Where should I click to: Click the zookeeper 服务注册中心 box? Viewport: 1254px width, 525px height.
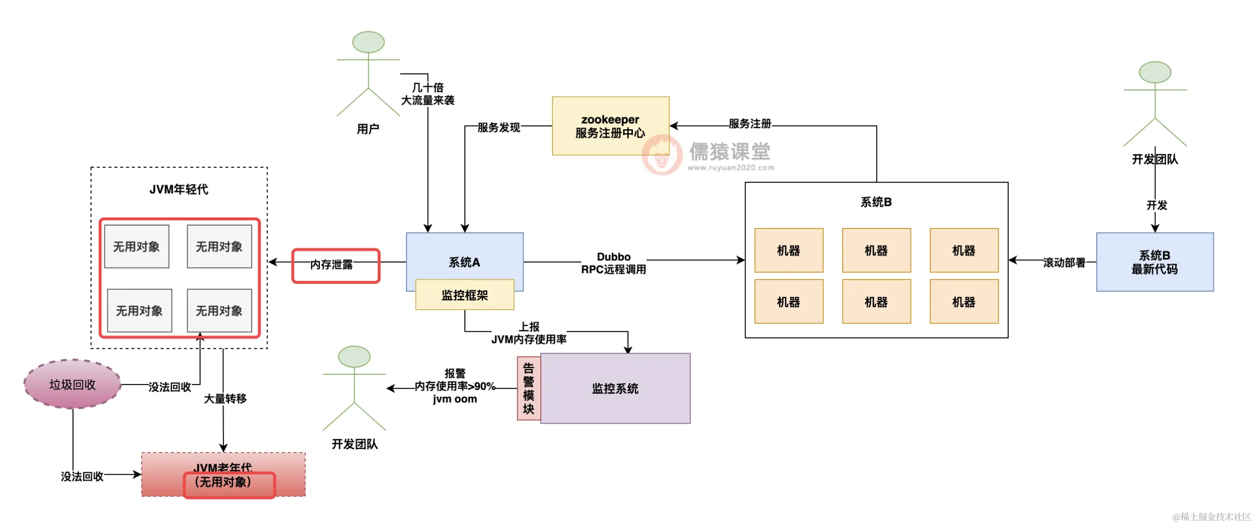click(610, 126)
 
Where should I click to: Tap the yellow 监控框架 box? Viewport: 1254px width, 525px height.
click(464, 295)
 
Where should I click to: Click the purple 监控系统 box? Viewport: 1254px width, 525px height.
click(615, 388)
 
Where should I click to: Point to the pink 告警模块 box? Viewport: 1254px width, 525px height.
click(528, 388)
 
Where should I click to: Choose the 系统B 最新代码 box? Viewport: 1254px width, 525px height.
click(1154, 262)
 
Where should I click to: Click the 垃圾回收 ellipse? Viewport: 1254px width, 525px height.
click(72, 385)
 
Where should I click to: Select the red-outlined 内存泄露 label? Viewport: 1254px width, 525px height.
click(336, 265)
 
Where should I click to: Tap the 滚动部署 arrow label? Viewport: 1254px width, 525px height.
click(1064, 263)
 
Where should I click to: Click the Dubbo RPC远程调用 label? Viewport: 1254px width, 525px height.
click(613, 263)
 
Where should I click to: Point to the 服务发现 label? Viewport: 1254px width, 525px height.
click(499, 127)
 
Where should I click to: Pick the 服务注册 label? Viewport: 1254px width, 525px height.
click(749, 124)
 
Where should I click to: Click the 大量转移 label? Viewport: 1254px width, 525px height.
click(225, 399)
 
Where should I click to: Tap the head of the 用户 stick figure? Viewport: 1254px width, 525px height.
click(368, 42)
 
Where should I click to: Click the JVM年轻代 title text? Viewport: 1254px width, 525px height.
click(179, 189)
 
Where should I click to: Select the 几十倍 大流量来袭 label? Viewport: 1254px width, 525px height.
click(428, 94)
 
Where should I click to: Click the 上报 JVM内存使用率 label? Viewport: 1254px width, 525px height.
click(529, 333)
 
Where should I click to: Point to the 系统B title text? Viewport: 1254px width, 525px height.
click(876, 202)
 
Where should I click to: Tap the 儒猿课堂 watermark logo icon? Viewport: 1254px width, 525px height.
click(662, 154)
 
